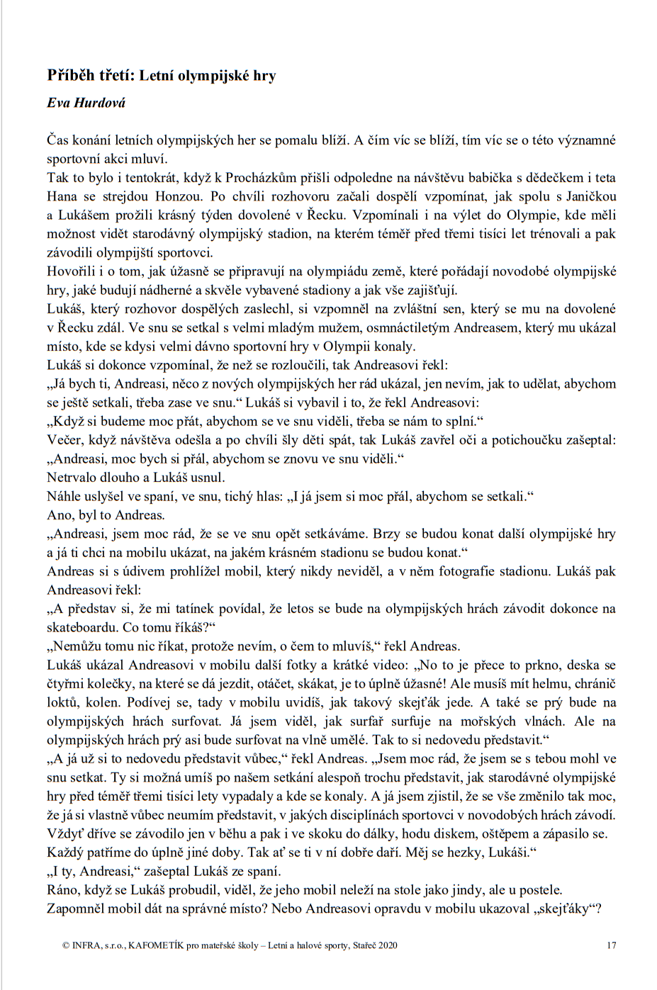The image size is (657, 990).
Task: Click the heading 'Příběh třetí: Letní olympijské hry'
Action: [x=162, y=75]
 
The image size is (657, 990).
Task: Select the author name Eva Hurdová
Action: [x=86, y=103]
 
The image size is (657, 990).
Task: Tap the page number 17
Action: [x=611, y=945]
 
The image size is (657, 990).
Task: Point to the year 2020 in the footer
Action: [x=387, y=945]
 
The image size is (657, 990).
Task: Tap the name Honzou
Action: [x=179, y=196]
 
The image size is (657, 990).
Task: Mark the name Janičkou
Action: [x=590, y=196]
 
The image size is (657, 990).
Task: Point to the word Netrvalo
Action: [x=72, y=478]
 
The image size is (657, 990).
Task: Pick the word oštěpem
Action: [x=510, y=834]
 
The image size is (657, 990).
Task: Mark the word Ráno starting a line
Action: [x=63, y=890]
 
